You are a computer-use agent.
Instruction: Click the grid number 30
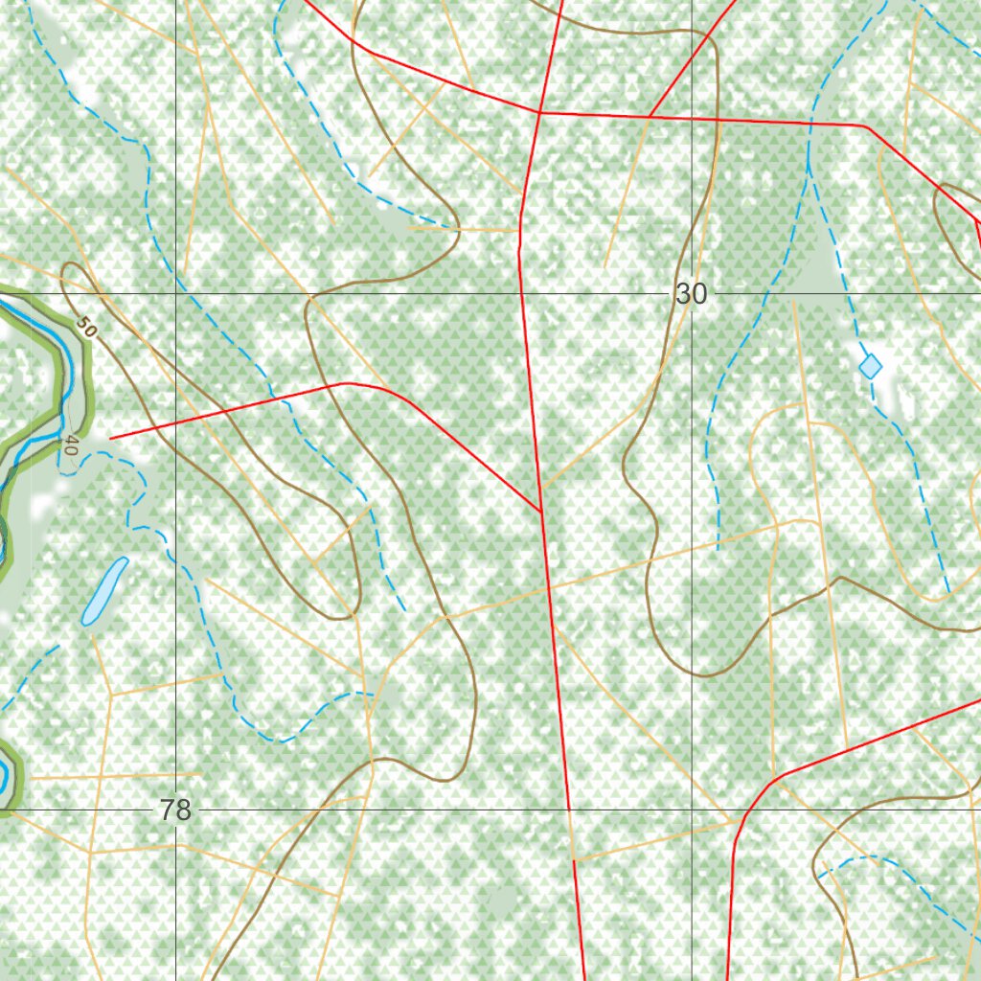691,294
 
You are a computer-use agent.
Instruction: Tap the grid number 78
176,810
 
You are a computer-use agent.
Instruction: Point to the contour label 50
87,327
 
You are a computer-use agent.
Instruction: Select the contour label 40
70,445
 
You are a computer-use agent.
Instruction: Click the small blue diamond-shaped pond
870,366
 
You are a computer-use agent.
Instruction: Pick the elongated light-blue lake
104,591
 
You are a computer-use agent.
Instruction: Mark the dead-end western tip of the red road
111,438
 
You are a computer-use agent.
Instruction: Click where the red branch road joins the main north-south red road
542,512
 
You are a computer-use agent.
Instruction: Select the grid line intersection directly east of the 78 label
692,810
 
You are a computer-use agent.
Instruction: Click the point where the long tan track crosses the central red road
549,586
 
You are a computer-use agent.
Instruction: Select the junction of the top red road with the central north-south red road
540,113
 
